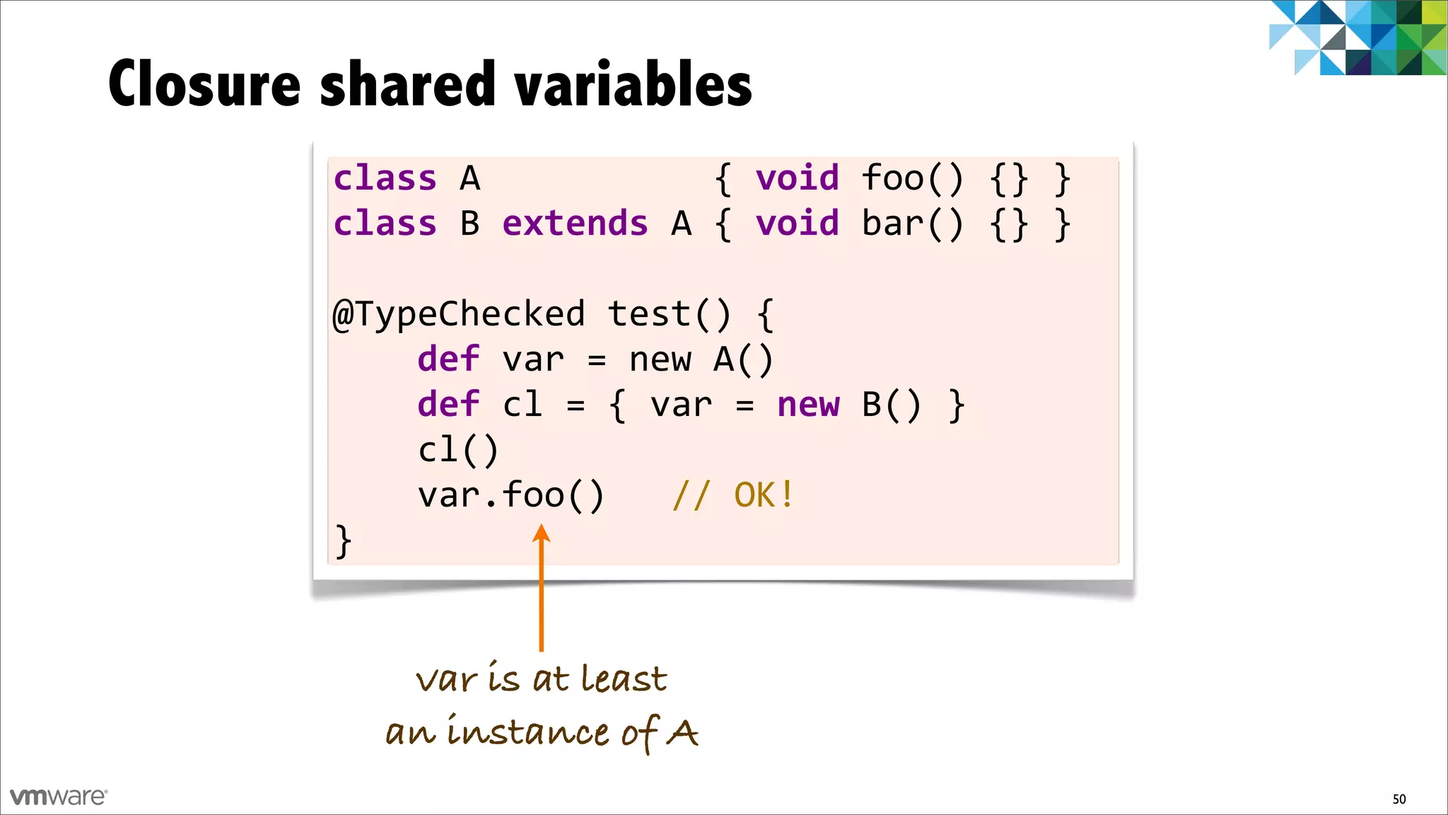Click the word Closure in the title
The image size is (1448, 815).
pos(205,85)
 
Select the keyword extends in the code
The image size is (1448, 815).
pos(575,224)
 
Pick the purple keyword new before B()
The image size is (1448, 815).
pos(808,405)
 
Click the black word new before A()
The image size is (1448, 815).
pos(660,359)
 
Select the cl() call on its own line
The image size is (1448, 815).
pos(458,450)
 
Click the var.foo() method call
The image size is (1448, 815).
pos(510,495)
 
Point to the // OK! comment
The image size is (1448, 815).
pos(733,495)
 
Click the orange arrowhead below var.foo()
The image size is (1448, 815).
pos(542,533)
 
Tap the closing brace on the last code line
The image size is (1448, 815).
pos(343,541)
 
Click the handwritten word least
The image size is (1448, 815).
pos(624,679)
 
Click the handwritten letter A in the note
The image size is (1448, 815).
pos(683,733)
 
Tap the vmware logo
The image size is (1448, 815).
pos(58,797)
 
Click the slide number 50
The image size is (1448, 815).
pos(1399,799)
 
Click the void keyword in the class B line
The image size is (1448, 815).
pos(797,224)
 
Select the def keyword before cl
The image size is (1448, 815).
pos(448,405)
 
